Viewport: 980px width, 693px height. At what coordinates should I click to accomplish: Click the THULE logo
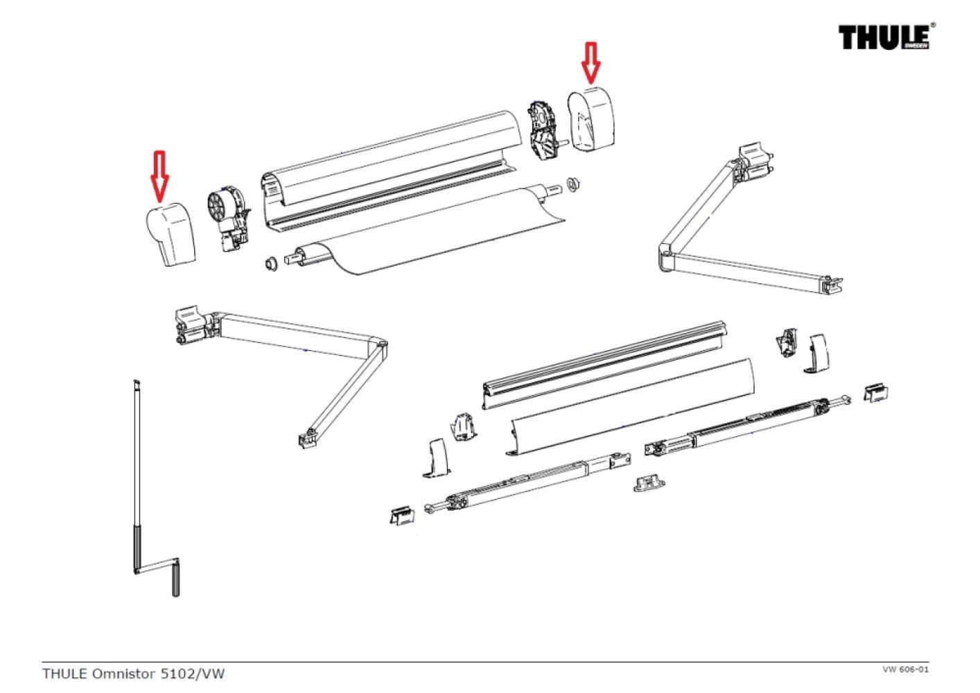click(x=886, y=36)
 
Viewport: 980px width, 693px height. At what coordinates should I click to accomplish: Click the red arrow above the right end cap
click(x=590, y=61)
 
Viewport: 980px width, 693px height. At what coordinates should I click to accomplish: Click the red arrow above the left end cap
click(x=160, y=173)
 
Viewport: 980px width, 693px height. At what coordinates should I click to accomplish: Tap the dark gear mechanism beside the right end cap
click(x=543, y=128)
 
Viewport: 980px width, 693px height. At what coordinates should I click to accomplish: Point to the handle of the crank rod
click(x=175, y=579)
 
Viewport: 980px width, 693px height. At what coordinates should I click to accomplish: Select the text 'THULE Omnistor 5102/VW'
click(x=134, y=673)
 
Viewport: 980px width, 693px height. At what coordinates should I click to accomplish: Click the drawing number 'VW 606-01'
click(x=905, y=669)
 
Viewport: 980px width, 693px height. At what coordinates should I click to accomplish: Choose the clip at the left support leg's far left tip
click(x=401, y=515)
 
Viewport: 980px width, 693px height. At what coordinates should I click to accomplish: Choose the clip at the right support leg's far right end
click(x=877, y=392)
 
